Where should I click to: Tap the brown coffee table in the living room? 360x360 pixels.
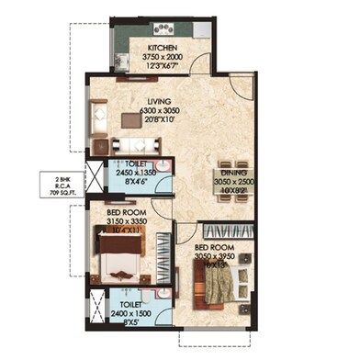tap(128, 117)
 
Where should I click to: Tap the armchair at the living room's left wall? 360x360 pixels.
tap(99, 117)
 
